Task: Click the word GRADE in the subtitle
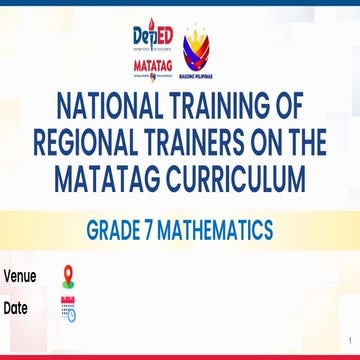coord(116,231)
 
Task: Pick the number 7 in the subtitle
coord(158,231)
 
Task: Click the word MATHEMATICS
coord(221,231)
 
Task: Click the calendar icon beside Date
coord(69,308)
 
